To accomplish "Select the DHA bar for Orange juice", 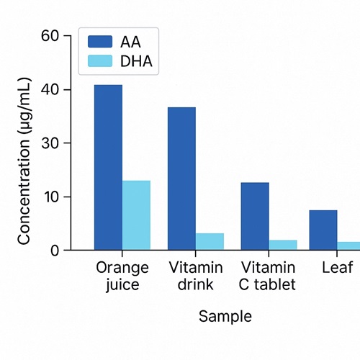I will click(136, 215).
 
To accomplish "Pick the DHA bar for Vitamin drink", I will click(210, 242).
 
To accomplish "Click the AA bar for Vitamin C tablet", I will click(255, 216).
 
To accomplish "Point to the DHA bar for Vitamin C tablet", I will click(282, 245).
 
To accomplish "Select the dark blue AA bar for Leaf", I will click(323, 230).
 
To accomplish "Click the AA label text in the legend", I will click(131, 42).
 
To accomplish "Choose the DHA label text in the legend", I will click(136, 61).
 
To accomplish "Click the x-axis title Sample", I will click(225, 317).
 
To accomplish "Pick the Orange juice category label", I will click(122, 276).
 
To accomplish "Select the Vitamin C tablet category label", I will click(268, 276).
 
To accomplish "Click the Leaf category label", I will click(337, 269).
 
